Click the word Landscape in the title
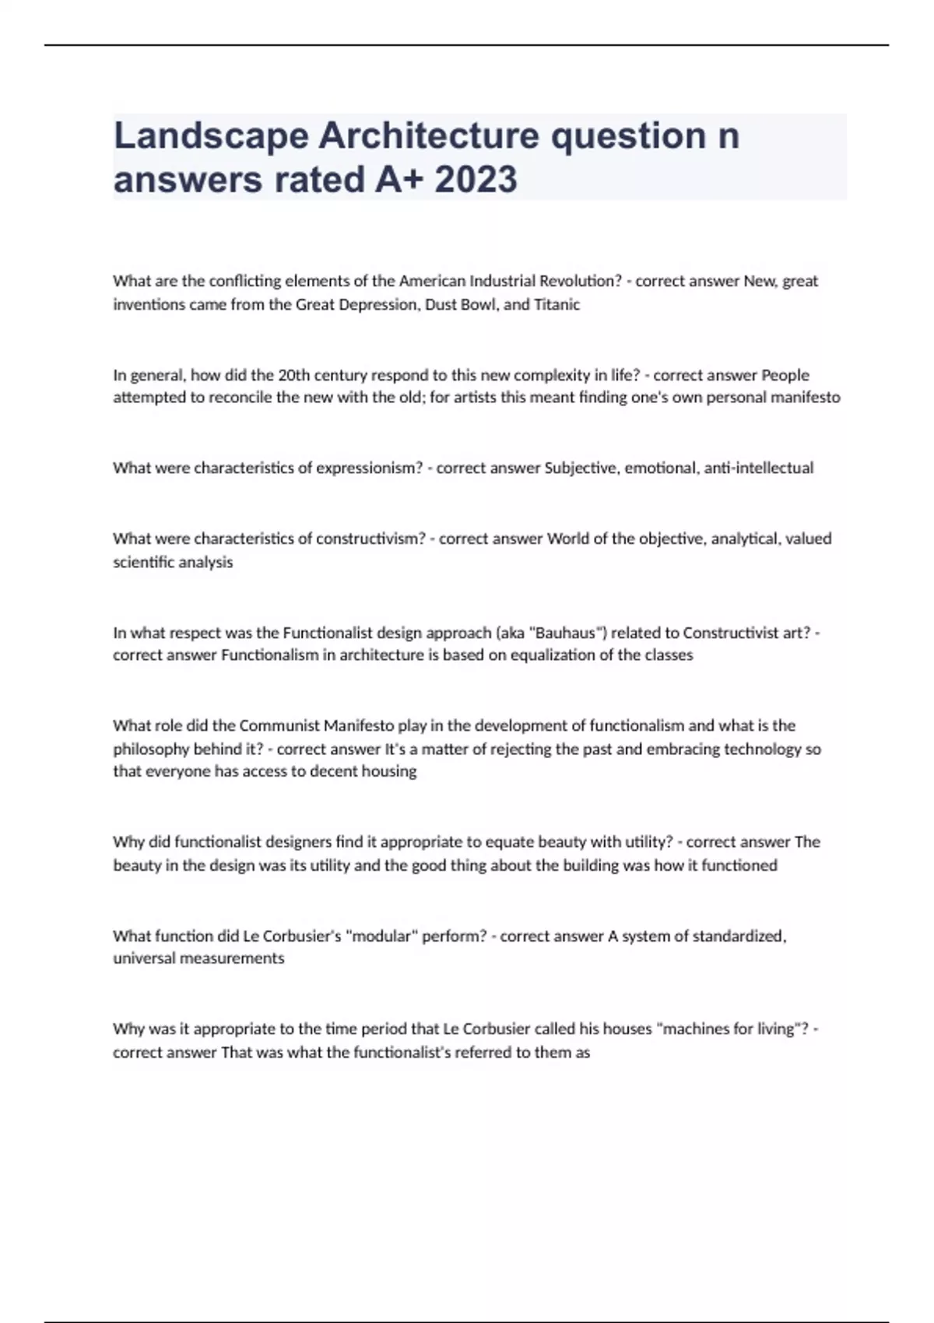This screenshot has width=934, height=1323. click(211, 137)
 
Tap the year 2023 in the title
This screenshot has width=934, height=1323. click(476, 180)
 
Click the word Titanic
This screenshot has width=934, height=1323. click(557, 304)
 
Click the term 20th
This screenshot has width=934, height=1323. click(293, 375)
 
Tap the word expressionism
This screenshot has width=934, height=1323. click(369, 468)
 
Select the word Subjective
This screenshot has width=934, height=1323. click(581, 468)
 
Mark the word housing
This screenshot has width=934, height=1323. click(389, 772)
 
